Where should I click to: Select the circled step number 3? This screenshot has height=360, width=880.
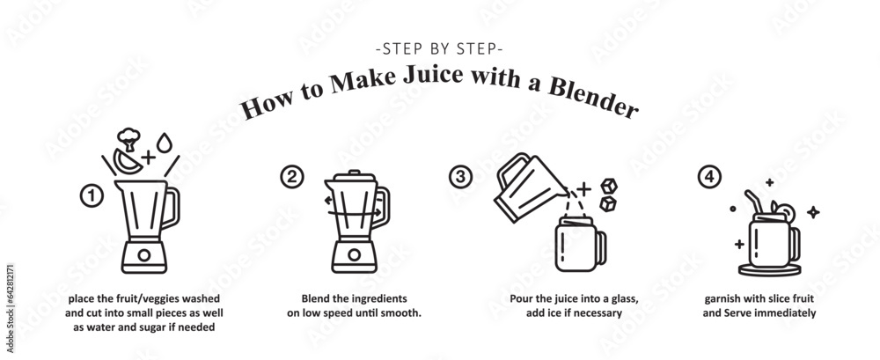[x=459, y=177]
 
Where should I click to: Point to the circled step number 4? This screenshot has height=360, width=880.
[x=708, y=177]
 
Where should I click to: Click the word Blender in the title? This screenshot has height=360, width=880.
[x=582, y=104]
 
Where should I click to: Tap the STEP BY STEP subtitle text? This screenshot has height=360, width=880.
[x=439, y=47]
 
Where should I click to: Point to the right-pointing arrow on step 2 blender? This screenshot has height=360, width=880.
[x=381, y=212]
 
